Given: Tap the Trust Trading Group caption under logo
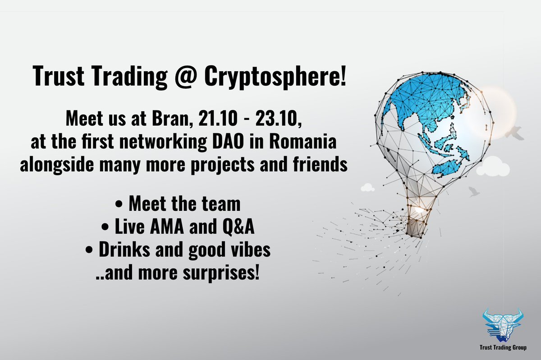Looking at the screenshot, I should point(502,347).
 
